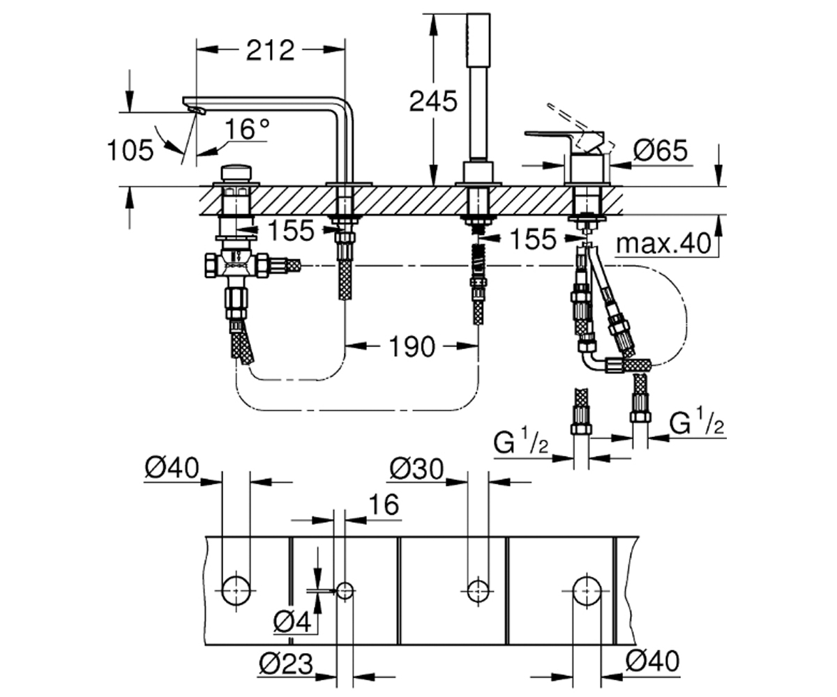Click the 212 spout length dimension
271,50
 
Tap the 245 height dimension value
433,101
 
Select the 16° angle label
247,129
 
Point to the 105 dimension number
130,151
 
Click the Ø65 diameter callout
661,151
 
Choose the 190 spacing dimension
412,347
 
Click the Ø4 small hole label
292,622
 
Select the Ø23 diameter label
286,664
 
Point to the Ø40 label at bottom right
653,661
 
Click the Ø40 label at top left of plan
172,468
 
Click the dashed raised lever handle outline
581,128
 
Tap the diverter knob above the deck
236,174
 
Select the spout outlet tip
197,111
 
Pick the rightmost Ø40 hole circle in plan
587,591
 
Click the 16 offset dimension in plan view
384,505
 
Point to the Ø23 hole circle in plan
345,591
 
